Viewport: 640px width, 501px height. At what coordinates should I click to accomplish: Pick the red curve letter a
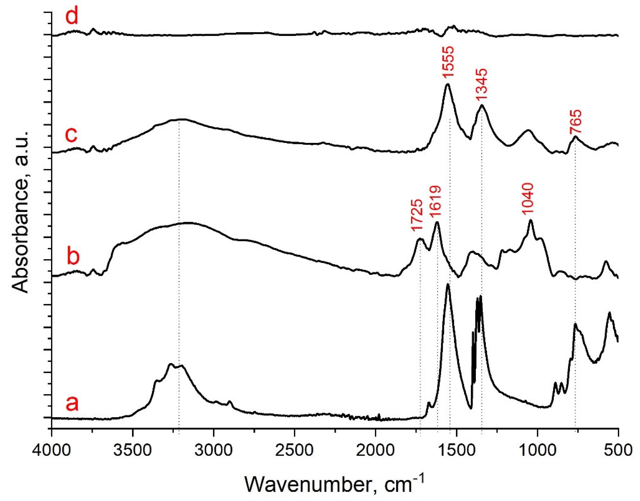(72, 404)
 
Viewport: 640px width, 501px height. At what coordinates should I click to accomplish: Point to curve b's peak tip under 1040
(530, 220)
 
